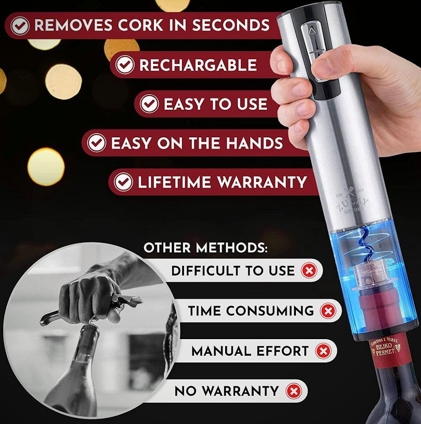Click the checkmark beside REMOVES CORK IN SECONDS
tap(20, 26)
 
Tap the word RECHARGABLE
tap(198, 65)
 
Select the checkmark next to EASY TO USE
tap(149, 104)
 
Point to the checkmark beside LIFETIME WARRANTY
tap(123, 182)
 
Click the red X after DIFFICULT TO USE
tap(309, 270)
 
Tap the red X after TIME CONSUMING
tap(328, 311)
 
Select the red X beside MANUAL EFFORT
tap(323, 351)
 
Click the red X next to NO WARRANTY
tap(293, 391)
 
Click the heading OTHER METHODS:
tap(206, 248)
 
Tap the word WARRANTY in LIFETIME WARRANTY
tap(266, 182)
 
